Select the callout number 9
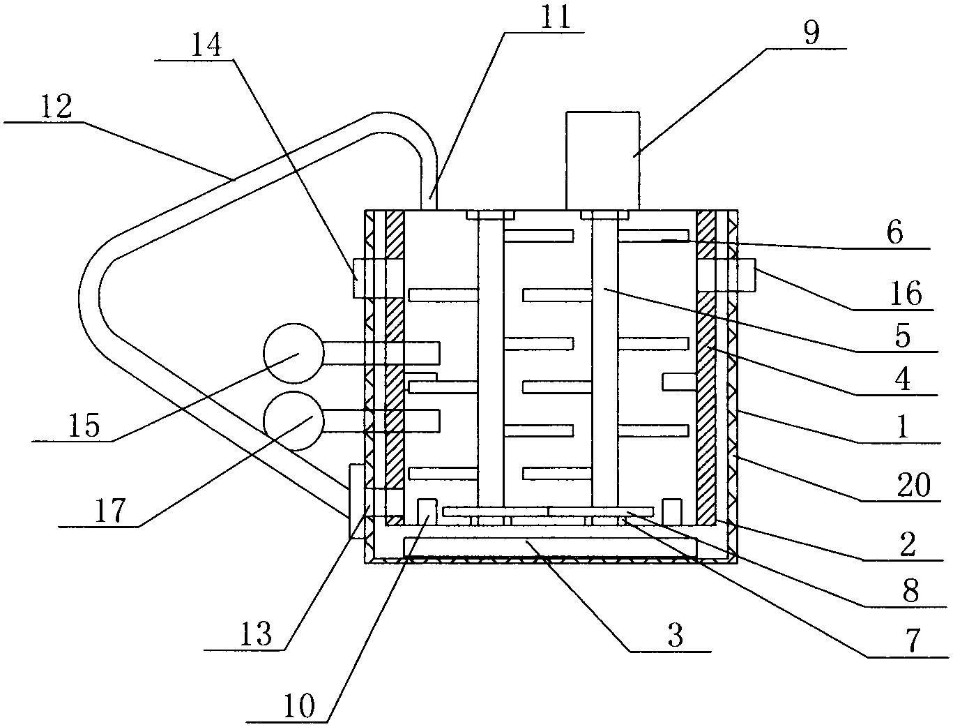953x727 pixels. click(811, 33)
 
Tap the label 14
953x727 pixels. click(206, 45)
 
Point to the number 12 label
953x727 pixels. click(56, 107)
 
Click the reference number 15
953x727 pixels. click(84, 425)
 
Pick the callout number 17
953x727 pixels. click(110, 510)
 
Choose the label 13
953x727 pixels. click(256, 633)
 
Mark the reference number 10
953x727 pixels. click(299, 705)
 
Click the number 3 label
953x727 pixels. click(675, 636)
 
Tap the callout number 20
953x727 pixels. click(913, 486)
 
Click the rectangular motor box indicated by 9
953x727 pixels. click(602, 160)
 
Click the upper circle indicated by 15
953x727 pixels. click(294, 353)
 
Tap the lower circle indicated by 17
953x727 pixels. click(294, 421)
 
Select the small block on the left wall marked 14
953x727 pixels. click(360, 279)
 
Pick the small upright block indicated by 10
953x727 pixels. click(427, 512)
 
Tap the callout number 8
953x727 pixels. click(910, 590)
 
